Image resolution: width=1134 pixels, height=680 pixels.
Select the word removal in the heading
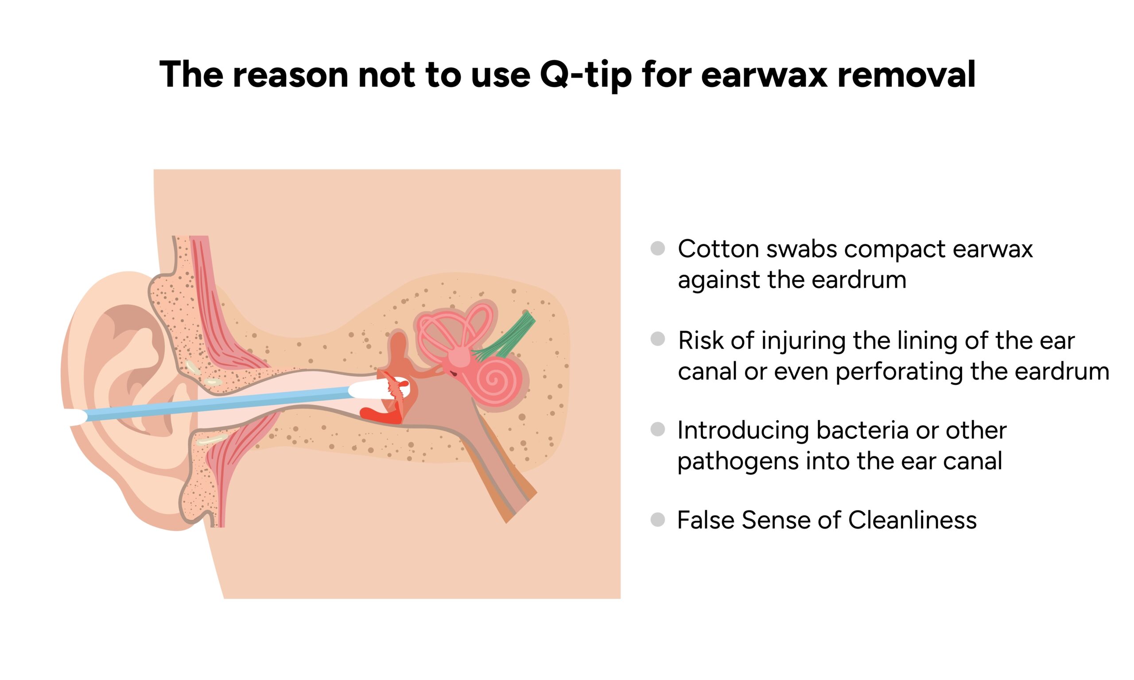(x=907, y=74)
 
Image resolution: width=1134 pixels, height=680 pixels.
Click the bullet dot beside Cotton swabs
(x=658, y=248)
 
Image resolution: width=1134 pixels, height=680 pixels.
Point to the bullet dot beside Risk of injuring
(x=658, y=339)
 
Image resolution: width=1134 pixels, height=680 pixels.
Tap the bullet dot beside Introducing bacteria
(x=658, y=429)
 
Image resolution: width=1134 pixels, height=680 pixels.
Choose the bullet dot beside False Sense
(x=658, y=520)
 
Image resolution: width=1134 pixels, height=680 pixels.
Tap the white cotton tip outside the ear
(x=78, y=417)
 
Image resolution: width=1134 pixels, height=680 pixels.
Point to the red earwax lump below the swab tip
(x=381, y=415)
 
